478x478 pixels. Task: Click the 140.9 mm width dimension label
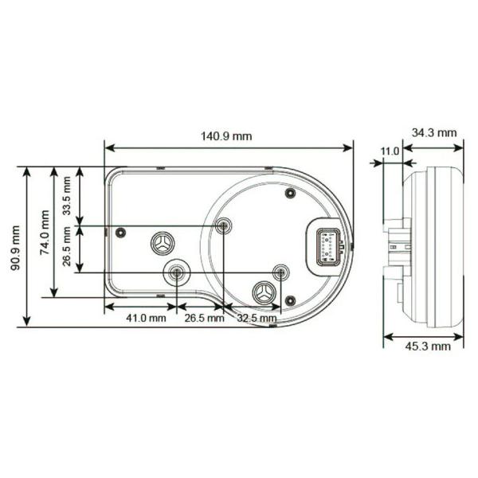click(x=226, y=136)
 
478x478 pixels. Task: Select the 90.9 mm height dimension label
click(x=15, y=248)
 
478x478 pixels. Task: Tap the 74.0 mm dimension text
click(x=45, y=233)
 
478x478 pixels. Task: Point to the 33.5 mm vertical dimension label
click(x=66, y=196)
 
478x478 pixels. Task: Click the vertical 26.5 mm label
click(x=66, y=246)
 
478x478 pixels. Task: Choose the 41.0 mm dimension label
click(x=147, y=318)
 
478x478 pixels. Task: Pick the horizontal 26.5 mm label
click(x=204, y=318)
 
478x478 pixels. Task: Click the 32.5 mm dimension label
click(x=257, y=318)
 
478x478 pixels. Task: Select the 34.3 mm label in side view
click(x=434, y=133)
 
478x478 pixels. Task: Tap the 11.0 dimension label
click(x=390, y=151)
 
